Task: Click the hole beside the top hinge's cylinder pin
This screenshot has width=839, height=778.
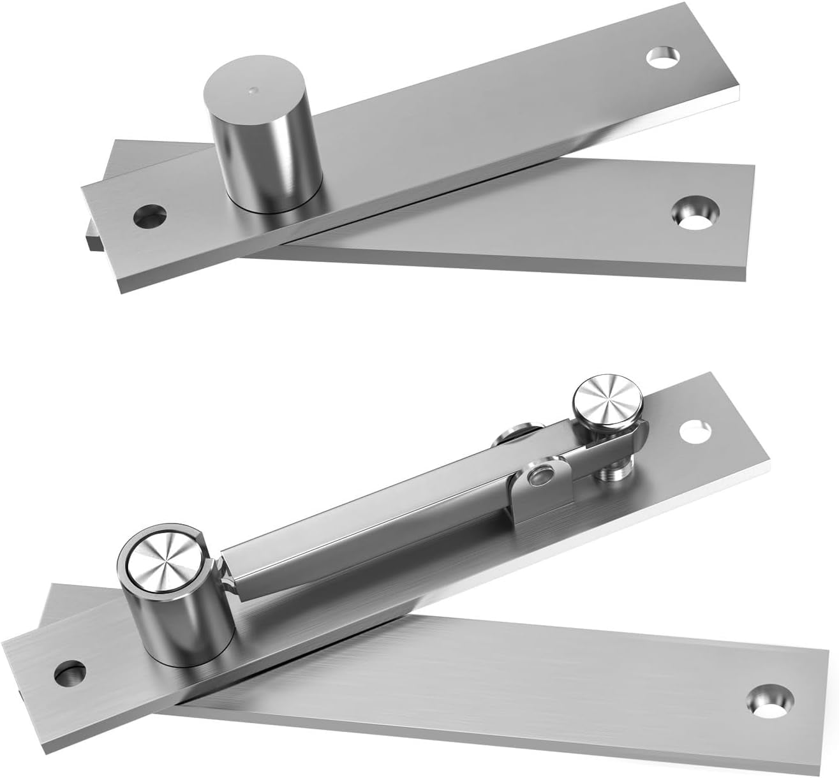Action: pyautogui.click(x=148, y=216)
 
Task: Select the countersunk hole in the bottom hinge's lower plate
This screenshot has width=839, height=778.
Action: pyautogui.click(x=768, y=699)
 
